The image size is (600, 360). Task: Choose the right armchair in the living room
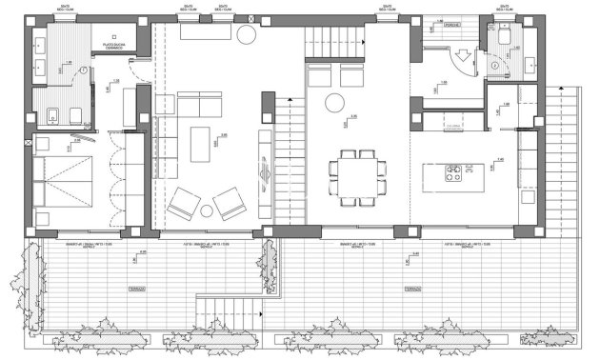point(229,203)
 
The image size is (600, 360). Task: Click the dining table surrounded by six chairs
point(359,176)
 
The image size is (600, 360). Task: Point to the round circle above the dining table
point(336,103)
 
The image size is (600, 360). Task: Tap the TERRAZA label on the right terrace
point(411,287)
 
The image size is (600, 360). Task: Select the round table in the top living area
point(246,36)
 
